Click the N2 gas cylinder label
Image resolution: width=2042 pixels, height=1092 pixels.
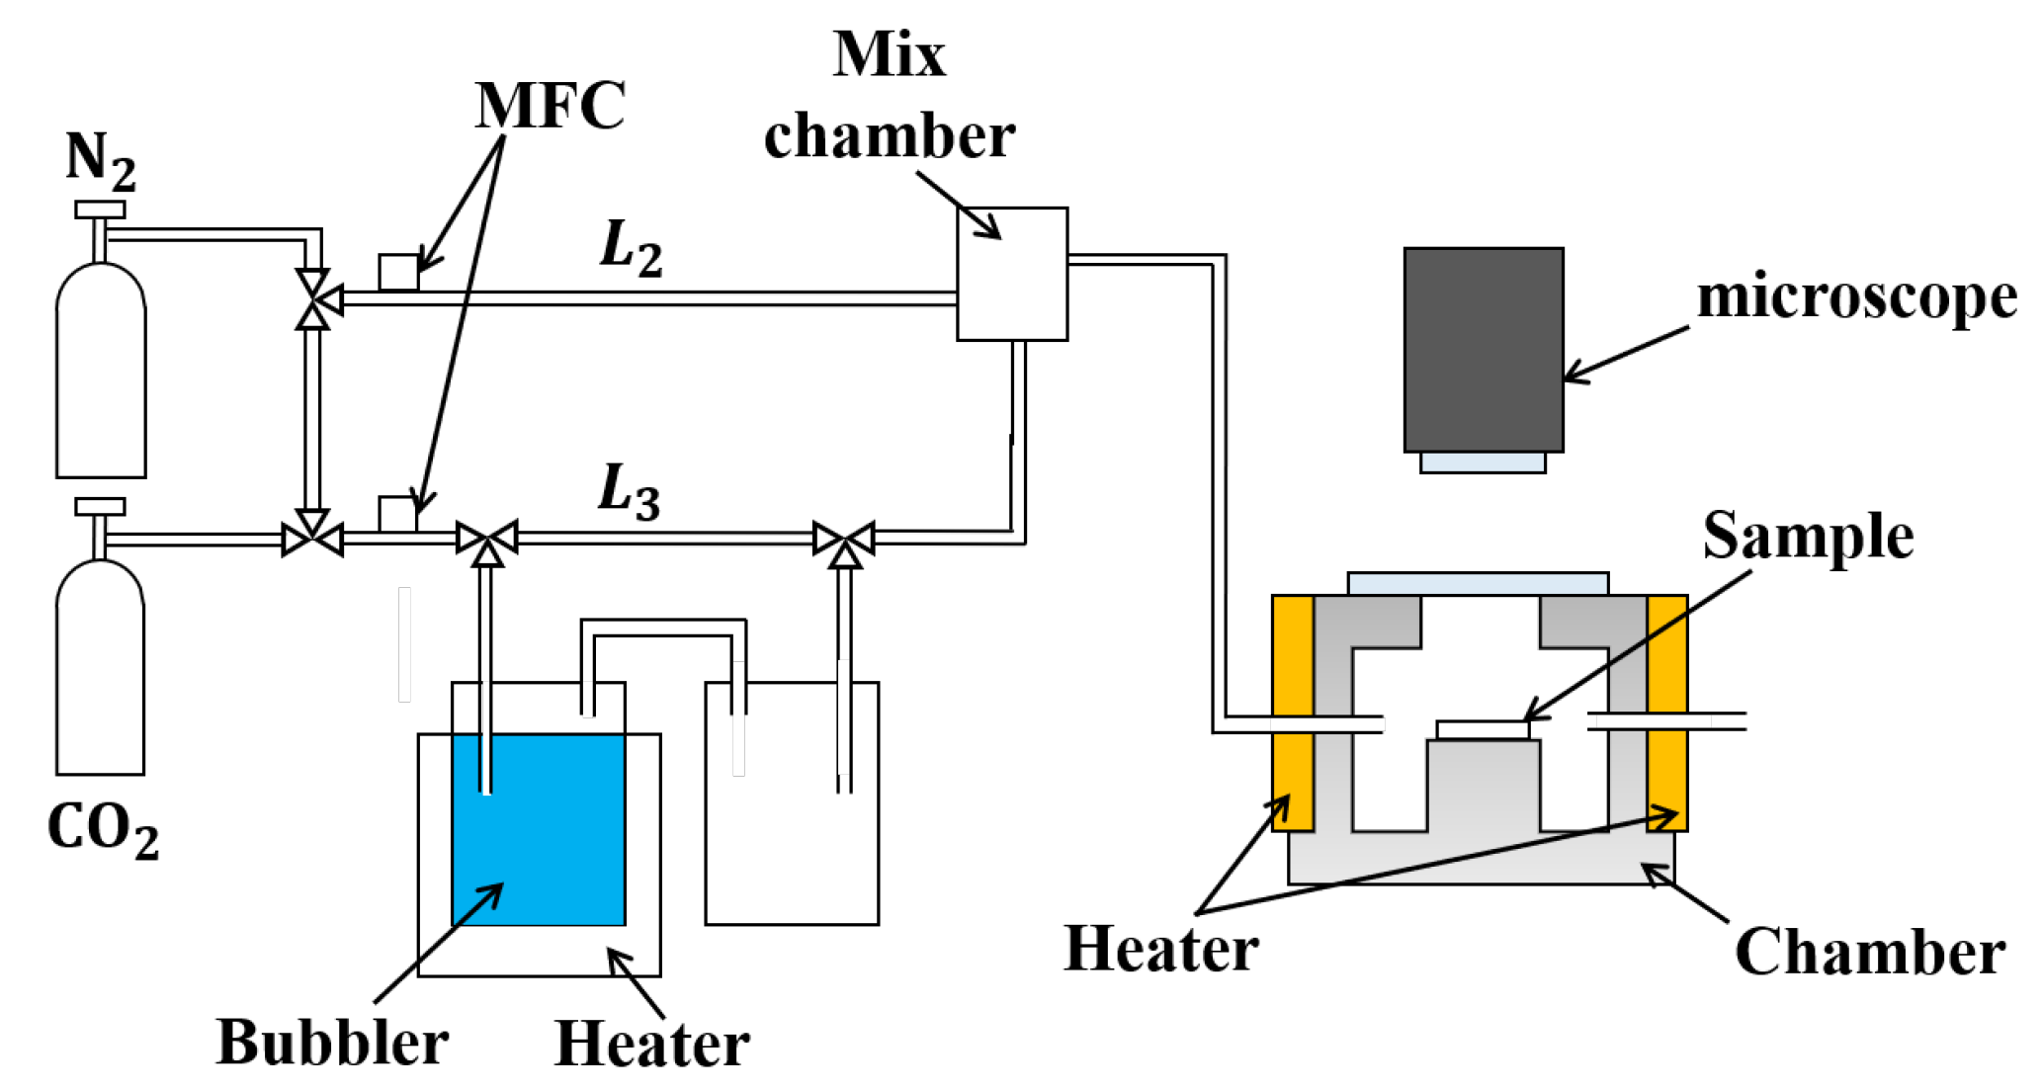100,160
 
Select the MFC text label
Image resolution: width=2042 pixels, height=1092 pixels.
550,105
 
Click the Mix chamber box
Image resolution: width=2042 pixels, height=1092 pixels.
1012,274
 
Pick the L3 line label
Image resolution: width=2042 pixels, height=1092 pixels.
629,492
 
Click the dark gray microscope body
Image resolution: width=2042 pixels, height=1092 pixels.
1483,349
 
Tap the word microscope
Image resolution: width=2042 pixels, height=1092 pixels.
1856,296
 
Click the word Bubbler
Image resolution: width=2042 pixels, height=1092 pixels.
332,1043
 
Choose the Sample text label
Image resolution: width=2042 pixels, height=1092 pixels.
1808,537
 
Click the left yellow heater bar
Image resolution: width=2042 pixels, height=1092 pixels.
1292,712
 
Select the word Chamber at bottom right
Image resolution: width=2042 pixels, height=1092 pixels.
1870,953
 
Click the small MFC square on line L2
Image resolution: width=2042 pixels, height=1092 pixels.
398,273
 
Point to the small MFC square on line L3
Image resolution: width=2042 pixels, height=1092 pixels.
397,514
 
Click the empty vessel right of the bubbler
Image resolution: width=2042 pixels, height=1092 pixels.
791,840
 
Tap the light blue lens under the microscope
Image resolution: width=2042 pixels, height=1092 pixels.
1483,462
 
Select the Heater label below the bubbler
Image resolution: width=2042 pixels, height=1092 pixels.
652,1044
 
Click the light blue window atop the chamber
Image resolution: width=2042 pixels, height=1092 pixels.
1478,583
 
